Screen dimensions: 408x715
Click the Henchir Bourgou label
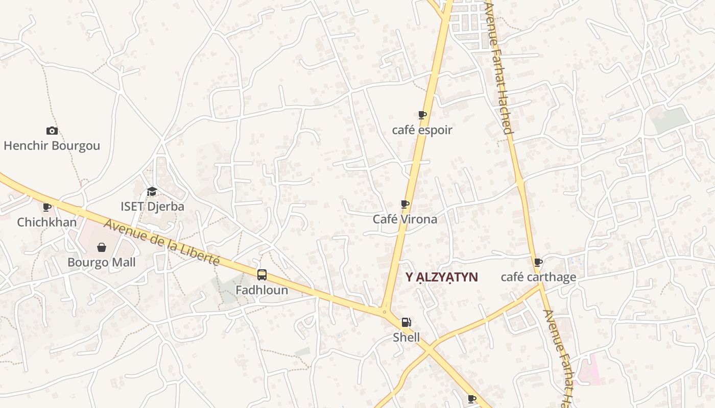click(52, 146)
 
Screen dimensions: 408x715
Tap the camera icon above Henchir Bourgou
click(52, 131)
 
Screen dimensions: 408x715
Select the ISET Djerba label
click(152, 207)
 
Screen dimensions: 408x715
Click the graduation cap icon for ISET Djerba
click(152, 192)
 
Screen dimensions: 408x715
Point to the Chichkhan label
click(46, 222)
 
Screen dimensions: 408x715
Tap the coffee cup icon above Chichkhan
click(47, 207)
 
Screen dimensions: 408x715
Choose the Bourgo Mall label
click(102, 263)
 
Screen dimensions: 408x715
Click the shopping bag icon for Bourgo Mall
click(102, 247)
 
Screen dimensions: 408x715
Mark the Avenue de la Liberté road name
click(161, 242)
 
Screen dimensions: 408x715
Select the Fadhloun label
click(261, 290)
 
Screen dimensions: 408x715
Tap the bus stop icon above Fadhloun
click(261, 275)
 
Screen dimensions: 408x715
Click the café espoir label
click(422, 130)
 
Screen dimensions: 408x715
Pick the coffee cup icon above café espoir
click(422, 115)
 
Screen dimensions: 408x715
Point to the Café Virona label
click(404, 219)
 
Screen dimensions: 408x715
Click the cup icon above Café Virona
click(405, 205)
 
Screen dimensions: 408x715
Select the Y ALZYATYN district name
click(442, 277)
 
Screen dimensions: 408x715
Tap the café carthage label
click(538, 277)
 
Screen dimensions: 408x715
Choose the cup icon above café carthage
click(538, 263)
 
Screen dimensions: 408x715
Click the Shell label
click(406, 337)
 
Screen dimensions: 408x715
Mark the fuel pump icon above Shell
click(406, 322)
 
